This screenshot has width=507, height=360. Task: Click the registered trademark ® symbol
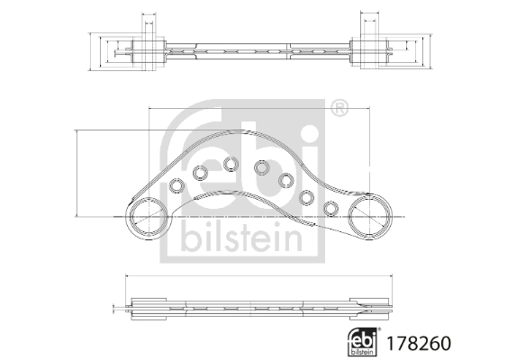pyautogui.click(x=339, y=110)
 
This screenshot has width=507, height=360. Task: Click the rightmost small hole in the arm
pyautogui.click(x=330, y=210)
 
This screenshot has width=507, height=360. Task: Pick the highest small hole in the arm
pyautogui.click(x=231, y=164)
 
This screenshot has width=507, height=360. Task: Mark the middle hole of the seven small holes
pyautogui.click(x=262, y=167)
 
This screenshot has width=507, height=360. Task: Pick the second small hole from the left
pyautogui.click(x=201, y=173)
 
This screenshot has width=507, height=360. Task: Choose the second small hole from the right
pyautogui.click(x=307, y=197)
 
